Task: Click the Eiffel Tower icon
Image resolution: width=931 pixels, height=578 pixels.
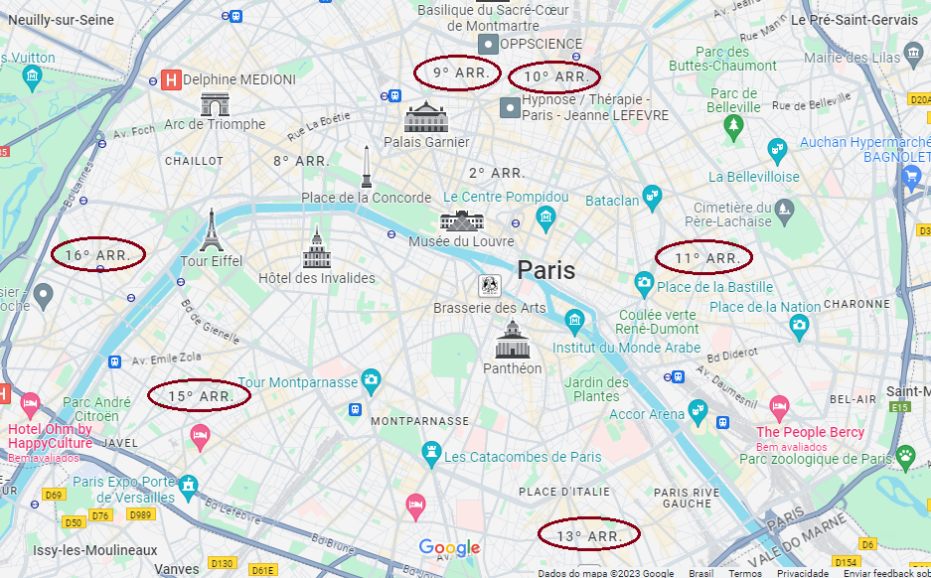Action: pos(211,230)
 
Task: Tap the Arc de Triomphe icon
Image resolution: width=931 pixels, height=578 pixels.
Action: pos(215,104)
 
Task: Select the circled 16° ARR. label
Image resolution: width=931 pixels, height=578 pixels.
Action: pos(97,255)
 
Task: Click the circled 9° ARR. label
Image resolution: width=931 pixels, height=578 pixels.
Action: pos(457,72)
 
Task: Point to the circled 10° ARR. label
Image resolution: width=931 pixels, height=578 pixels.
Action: pos(554,76)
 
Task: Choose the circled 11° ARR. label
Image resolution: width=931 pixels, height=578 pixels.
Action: pos(704,258)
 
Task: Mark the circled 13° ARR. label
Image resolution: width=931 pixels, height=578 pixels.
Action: pos(588,535)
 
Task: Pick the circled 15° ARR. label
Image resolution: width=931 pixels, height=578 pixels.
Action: pos(199,396)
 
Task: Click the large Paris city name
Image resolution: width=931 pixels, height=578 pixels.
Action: pos(545,270)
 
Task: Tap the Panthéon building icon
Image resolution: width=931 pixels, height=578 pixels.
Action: pos(513,341)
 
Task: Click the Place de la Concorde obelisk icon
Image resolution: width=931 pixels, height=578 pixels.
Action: pos(367,167)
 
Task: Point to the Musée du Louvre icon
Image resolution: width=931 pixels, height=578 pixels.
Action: pos(462,219)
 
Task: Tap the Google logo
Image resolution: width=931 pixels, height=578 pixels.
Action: pos(449,548)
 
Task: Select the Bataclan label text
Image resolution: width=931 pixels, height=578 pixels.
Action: pos(612,201)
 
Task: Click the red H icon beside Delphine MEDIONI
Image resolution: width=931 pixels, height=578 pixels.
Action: pos(171,79)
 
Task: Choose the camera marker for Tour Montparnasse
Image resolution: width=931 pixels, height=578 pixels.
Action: pos(371,378)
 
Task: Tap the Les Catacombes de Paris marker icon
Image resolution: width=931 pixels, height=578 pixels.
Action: pos(431,453)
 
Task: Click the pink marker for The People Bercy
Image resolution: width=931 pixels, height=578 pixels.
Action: pos(778,407)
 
